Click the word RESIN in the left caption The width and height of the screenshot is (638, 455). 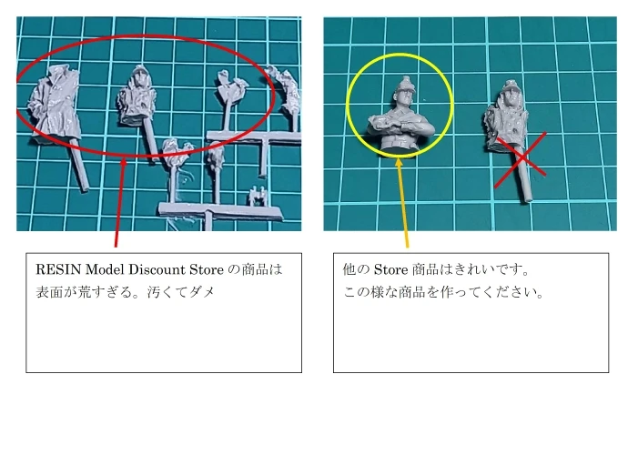(58, 269)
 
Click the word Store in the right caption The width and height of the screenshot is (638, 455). (390, 269)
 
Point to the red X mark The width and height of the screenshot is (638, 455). (521, 159)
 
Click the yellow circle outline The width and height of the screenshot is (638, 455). (347, 104)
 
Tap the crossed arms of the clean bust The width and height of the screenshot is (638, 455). (400, 124)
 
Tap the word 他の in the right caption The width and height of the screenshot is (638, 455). (356, 269)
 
